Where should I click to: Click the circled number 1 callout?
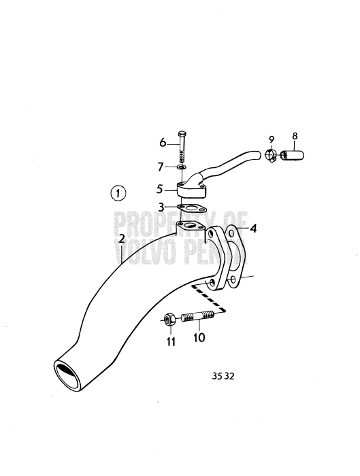(x=118, y=193)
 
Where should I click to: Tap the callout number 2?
(x=122, y=239)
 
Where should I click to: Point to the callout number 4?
(x=252, y=228)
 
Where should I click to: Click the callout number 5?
(x=160, y=189)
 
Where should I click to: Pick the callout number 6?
(x=163, y=142)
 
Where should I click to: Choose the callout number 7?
(x=161, y=167)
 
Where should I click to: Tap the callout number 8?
(x=295, y=136)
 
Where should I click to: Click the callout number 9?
(x=272, y=139)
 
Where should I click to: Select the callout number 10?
(x=199, y=337)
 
